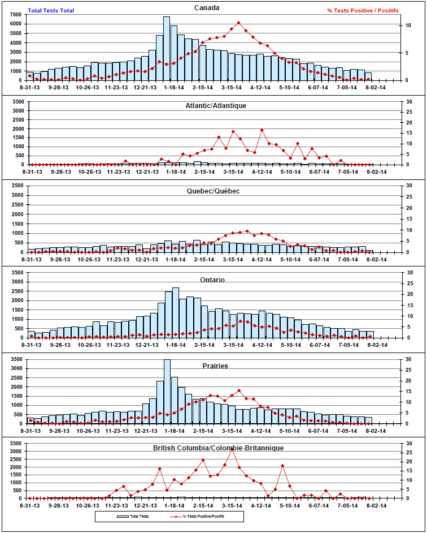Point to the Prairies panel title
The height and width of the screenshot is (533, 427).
(215, 366)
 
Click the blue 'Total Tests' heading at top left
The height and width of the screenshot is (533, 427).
(51, 10)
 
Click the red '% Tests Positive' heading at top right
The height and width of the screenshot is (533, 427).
(363, 10)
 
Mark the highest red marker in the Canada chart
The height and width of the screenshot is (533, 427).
(239, 23)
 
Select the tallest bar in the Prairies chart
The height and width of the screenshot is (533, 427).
(167, 390)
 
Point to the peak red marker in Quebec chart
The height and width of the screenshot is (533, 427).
(246, 231)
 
